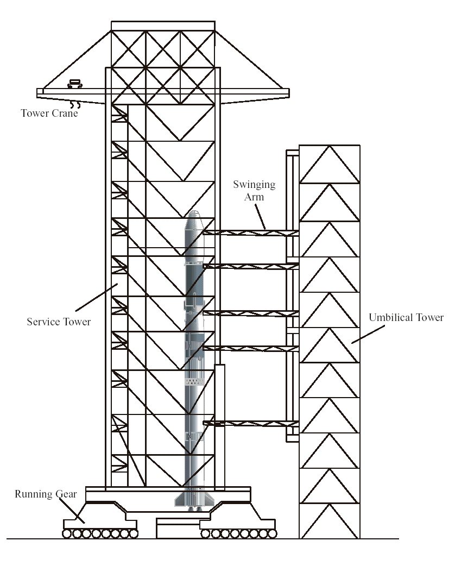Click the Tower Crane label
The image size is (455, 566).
pos(49,114)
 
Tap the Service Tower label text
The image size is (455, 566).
pos(59,322)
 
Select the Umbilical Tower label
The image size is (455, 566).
pos(406,318)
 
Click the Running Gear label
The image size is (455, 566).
pos(46,494)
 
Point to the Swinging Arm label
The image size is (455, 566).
pos(254,191)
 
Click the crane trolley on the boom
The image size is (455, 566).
pos(75,84)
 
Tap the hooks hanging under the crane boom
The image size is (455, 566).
pos(75,105)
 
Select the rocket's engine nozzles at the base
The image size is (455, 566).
pos(195,509)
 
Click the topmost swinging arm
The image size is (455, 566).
pos(251,233)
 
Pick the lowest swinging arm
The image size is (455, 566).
pos(251,424)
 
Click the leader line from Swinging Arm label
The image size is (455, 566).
pos(261,217)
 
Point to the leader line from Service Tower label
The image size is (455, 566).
pos(96,298)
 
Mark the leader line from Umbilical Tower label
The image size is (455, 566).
pos(368,334)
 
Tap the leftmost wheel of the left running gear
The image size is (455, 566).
pos(67,533)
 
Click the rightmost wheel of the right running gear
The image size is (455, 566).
pos(273,533)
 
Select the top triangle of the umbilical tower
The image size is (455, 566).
pos(330,164)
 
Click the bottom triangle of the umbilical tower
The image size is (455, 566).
pos(330,521)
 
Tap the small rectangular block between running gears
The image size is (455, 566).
pos(179,529)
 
